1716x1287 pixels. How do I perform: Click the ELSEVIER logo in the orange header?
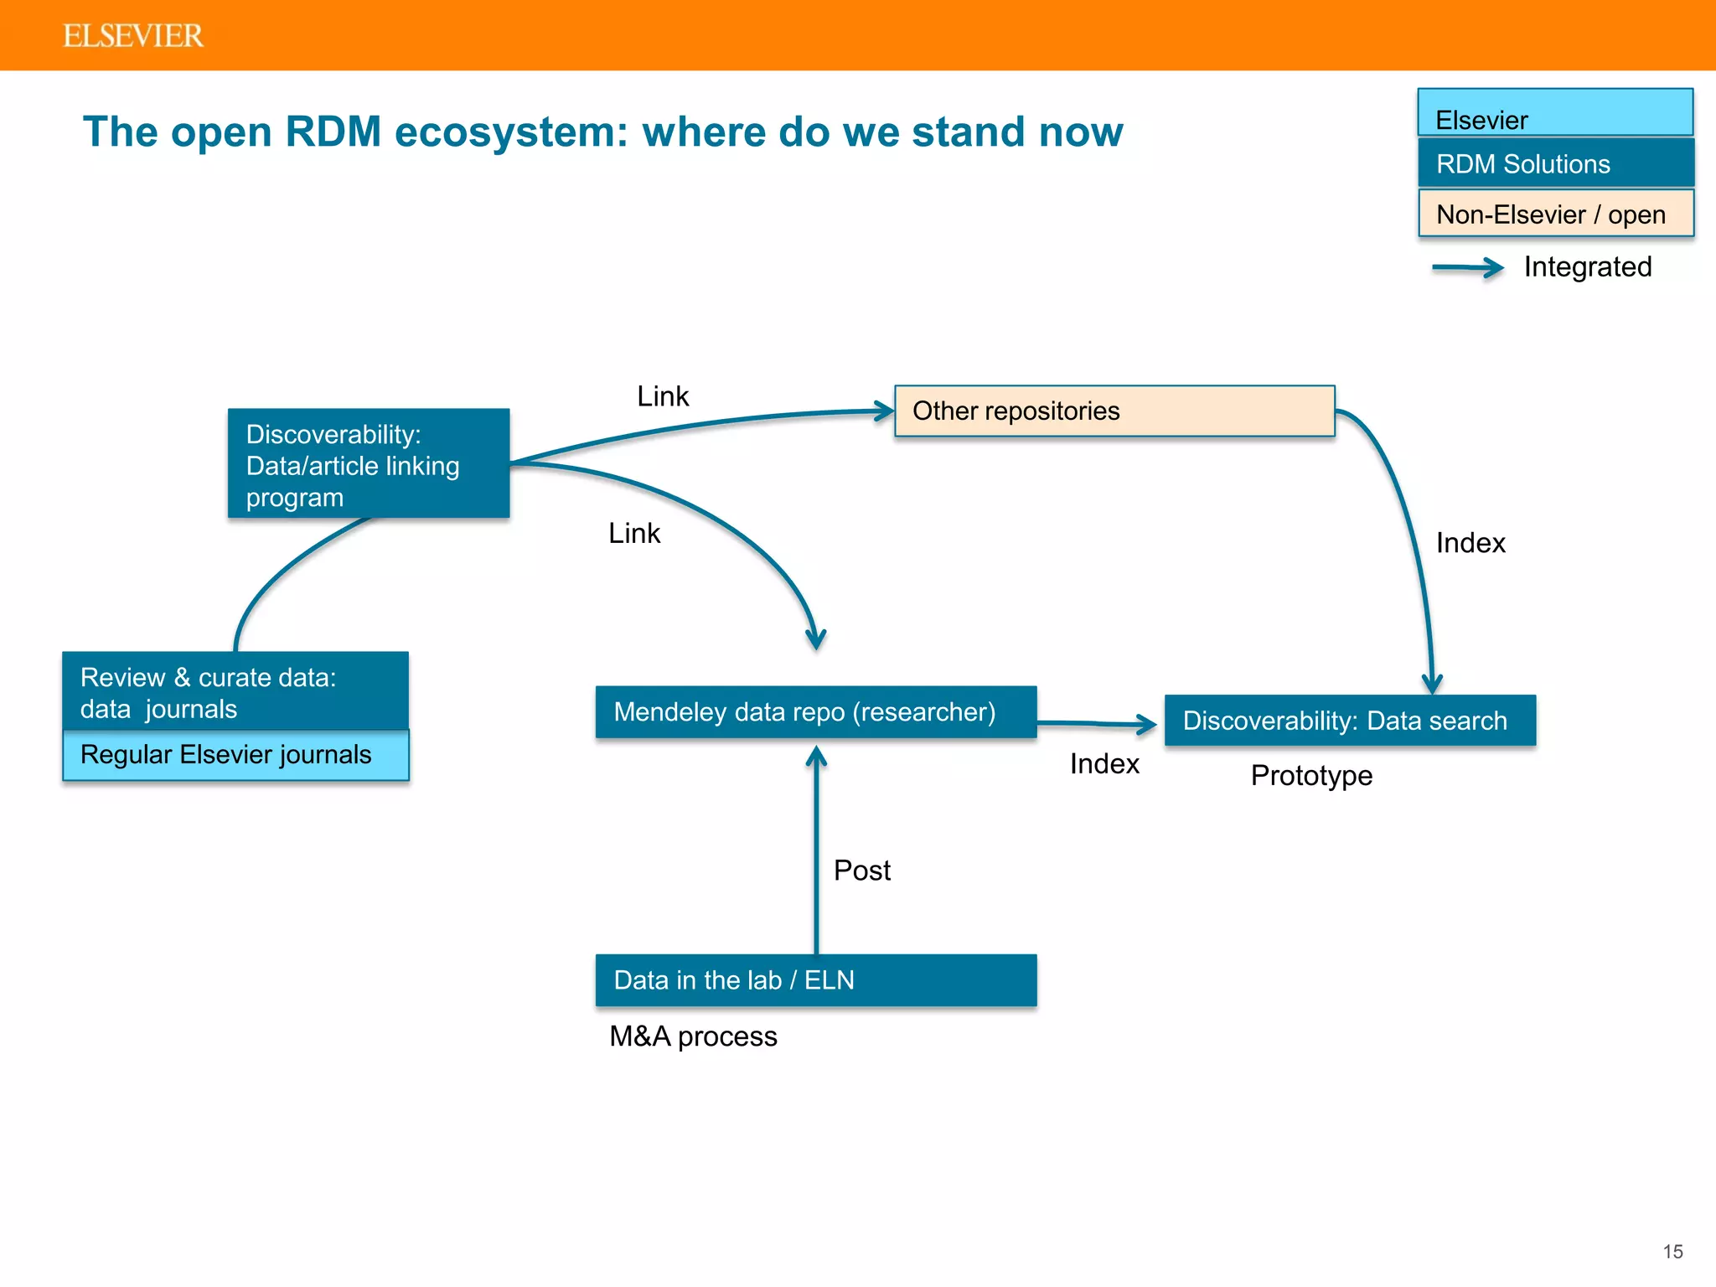(132, 36)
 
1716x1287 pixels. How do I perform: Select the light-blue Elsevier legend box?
(1555, 113)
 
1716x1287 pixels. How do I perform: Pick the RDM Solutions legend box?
(1555, 163)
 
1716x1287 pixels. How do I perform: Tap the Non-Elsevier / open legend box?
(1555, 214)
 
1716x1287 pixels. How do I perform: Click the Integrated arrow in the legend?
(1468, 268)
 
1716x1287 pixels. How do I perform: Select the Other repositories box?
(1114, 411)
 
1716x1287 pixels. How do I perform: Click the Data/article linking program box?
(369, 463)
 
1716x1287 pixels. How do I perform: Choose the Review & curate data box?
(235, 691)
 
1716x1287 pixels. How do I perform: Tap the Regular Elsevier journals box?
(235, 755)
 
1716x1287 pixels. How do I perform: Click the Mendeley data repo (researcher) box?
(815, 712)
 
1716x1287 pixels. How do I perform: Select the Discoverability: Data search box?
(1350, 721)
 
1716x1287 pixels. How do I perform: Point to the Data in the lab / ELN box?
(815, 979)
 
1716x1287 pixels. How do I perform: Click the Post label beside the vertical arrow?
(861, 871)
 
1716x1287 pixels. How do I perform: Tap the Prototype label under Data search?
(1311, 775)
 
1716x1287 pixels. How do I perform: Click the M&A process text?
(693, 1036)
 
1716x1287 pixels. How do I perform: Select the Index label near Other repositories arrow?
(1470, 543)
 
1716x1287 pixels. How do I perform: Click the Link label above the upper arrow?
(662, 396)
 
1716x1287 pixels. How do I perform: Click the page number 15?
(1672, 1251)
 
